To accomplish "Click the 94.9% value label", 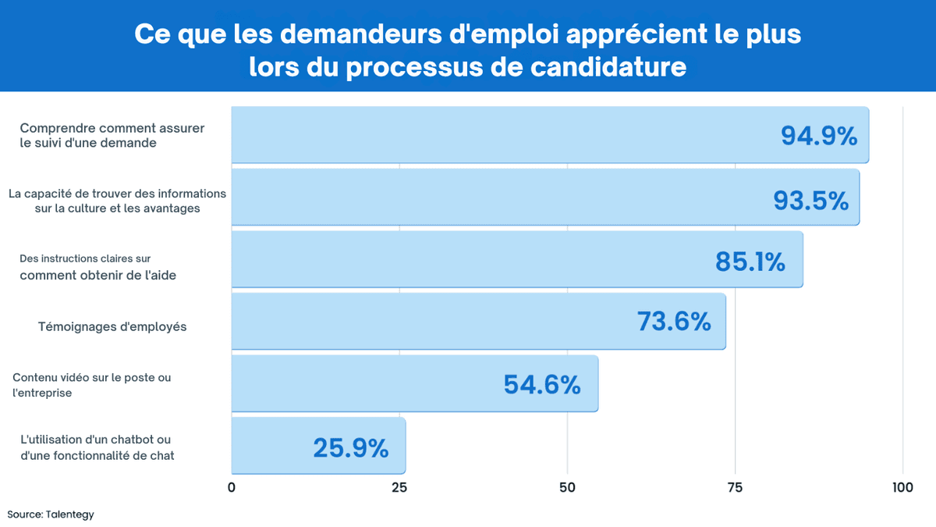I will [819, 137].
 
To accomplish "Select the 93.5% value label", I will [810, 200].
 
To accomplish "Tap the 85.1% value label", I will [750, 262].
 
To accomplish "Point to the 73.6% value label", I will [674, 322].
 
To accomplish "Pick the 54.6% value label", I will [542, 384].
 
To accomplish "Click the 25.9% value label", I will [350, 447].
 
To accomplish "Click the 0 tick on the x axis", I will [232, 488].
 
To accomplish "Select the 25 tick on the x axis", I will [399, 488].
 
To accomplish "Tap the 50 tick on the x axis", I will [567, 488].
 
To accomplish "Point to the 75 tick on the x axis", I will [735, 488].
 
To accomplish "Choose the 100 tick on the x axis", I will [902, 488].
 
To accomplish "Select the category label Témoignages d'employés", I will [112, 326].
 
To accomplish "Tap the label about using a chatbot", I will [97, 447].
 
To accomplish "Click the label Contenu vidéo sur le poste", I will [91, 385].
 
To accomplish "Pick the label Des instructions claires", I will [93, 266].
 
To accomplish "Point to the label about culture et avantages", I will [117, 201].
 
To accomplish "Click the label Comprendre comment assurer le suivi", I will [112, 135].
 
